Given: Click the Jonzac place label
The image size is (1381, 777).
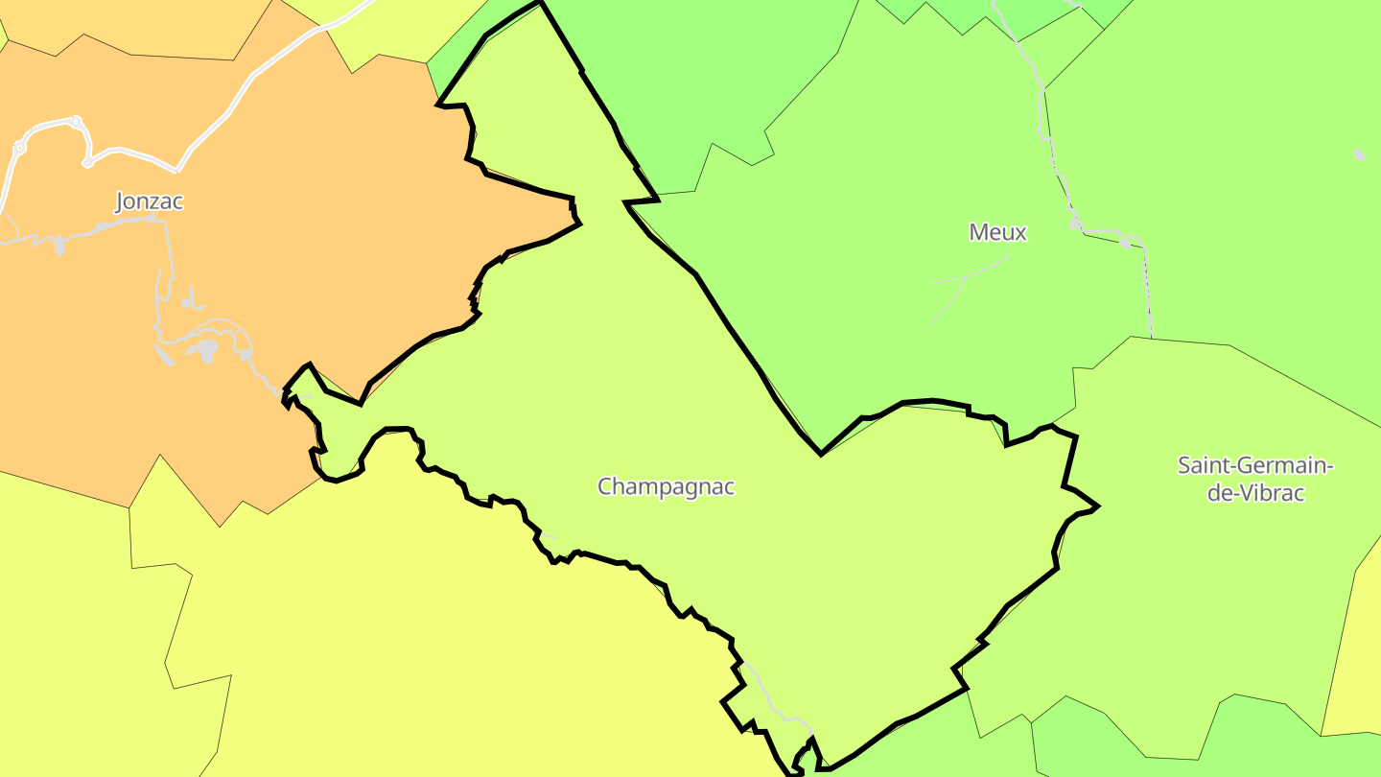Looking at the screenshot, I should [149, 201].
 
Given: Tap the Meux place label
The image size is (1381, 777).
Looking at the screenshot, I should [997, 232].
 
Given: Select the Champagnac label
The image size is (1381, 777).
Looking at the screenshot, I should [666, 486].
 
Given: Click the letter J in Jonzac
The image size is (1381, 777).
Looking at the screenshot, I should [121, 201].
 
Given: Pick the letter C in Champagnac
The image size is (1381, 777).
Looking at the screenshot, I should [605, 486].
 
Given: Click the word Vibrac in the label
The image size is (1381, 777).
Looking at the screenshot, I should [1270, 494].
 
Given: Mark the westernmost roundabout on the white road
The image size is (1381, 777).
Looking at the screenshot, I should [19, 149].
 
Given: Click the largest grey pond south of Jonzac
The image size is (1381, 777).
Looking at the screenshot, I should [204, 349].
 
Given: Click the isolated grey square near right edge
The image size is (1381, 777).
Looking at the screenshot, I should [1359, 154].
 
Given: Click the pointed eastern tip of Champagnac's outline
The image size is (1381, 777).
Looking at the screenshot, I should [1096, 506].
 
